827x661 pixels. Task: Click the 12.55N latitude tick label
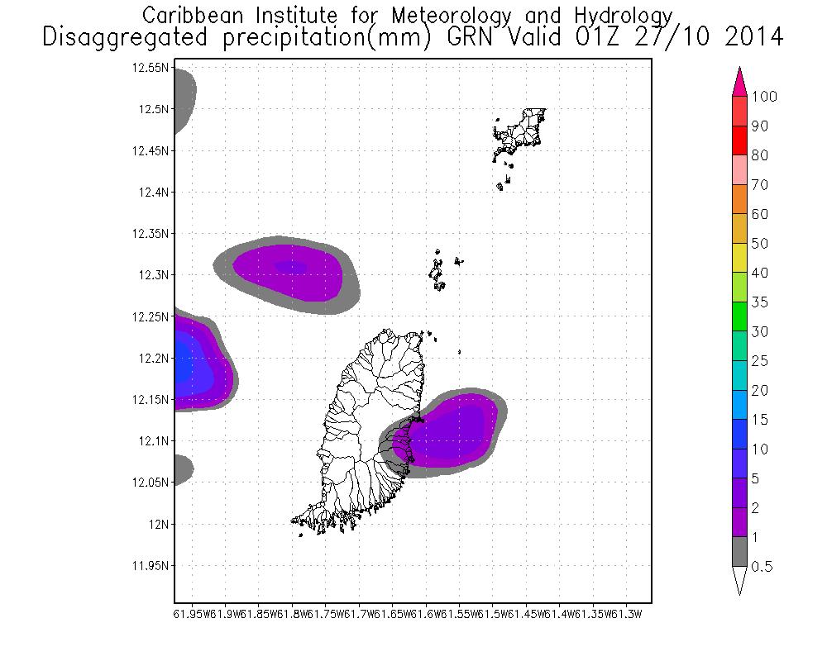point(151,68)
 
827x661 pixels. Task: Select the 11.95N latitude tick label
point(151,566)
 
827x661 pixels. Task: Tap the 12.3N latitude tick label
point(153,275)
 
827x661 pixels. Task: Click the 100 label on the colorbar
point(764,97)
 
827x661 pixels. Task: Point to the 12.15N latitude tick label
point(151,400)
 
